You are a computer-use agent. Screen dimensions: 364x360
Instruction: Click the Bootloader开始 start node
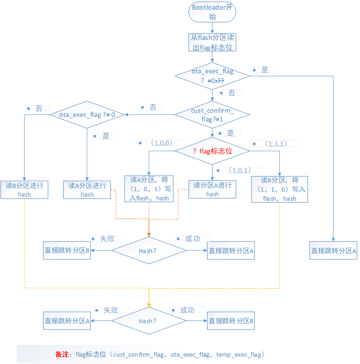pyautogui.click(x=212, y=12)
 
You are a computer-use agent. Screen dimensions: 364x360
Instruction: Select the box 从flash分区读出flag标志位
pyautogui.click(x=212, y=42)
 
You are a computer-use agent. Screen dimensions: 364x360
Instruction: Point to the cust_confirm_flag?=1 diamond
pyautogui.click(x=212, y=115)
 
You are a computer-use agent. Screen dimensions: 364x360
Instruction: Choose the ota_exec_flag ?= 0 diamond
pyautogui.click(x=87, y=115)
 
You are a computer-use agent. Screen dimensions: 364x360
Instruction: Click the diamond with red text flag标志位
pyautogui.click(x=213, y=151)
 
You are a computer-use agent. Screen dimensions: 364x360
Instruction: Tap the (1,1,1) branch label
pyautogui.click(x=275, y=143)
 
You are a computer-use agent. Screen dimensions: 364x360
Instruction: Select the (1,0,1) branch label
pyautogui.click(x=239, y=170)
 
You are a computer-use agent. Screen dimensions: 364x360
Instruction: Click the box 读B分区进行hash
pyautogui.click(x=24, y=190)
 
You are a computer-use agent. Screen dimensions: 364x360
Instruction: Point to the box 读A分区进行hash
pyautogui.click(x=87, y=190)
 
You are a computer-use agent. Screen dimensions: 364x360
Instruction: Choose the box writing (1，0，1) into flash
pyautogui.click(x=150, y=189)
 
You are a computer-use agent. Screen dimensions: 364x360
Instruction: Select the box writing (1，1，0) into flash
pyautogui.click(x=279, y=189)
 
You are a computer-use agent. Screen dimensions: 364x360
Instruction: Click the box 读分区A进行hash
pyautogui.click(x=213, y=189)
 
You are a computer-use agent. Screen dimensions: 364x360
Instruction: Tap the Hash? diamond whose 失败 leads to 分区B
pyautogui.click(x=148, y=251)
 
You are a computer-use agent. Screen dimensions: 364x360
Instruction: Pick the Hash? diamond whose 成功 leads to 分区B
pyautogui.click(x=148, y=321)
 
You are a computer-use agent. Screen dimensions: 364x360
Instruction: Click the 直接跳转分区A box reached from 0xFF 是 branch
pyautogui.click(x=333, y=251)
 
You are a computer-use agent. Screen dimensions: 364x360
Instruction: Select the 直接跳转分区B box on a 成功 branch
pyautogui.click(x=231, y=321)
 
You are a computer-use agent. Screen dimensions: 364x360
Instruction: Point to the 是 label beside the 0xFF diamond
pyautogui.click(x=264, y=70)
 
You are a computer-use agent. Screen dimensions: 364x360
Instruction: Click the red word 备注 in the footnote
pyautogui.click(x=61, y=354)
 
